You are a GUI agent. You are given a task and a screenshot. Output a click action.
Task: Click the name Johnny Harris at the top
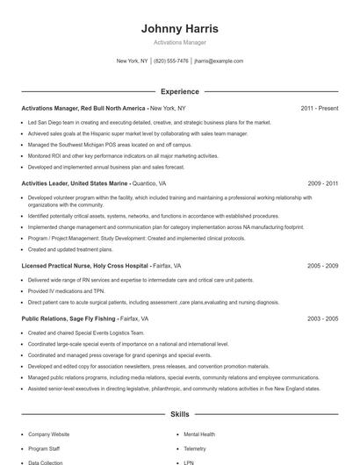pyautogui.click(x=180, y=29)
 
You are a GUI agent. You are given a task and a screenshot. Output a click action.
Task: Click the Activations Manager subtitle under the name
pyautogui.click(x=180, y=42)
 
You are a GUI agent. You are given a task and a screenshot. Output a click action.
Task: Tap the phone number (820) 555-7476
pyautogui.click(x=171, y=61)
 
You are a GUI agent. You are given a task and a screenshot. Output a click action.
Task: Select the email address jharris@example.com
pyautogui.click(x=219, y=61)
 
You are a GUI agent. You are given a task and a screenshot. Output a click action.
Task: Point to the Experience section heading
pyautogui.click(x=180, y=91)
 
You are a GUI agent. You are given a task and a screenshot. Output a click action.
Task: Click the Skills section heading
pyautogui.click(x=180, y=413)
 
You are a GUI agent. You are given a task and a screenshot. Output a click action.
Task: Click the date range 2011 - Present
pyautogui.click(x=319, y=108)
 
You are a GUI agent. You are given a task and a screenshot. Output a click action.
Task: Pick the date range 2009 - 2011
pyautogui.click(x=322, y=184)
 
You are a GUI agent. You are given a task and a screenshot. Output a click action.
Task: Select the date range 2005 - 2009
pyautogui.click(x=322, y=265)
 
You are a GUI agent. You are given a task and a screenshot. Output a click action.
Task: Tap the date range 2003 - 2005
pyautogui.click(x=322, y=319)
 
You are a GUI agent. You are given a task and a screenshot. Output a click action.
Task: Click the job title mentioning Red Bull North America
pyautogui.click(x=83, y=108)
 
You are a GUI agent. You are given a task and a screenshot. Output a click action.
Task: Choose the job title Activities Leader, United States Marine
pyautogui.click(x=75, y=184)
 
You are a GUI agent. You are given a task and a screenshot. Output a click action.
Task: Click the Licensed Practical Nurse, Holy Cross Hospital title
pyautogui.click(x=84, y=265)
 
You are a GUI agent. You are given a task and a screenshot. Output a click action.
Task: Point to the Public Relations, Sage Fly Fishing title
pyautogui.click(x=68, y=319)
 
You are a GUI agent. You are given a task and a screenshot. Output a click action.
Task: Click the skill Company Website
pyautogui.click(x=48, y=434)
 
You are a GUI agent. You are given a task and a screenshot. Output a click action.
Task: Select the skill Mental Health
pyautogui.click(x=200, y=434)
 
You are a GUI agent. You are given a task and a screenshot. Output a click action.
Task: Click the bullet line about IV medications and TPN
pyautogui.click(x=66, y=290)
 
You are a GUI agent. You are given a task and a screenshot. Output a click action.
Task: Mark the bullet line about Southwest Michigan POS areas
pyautogui.click(x=110, y=144)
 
